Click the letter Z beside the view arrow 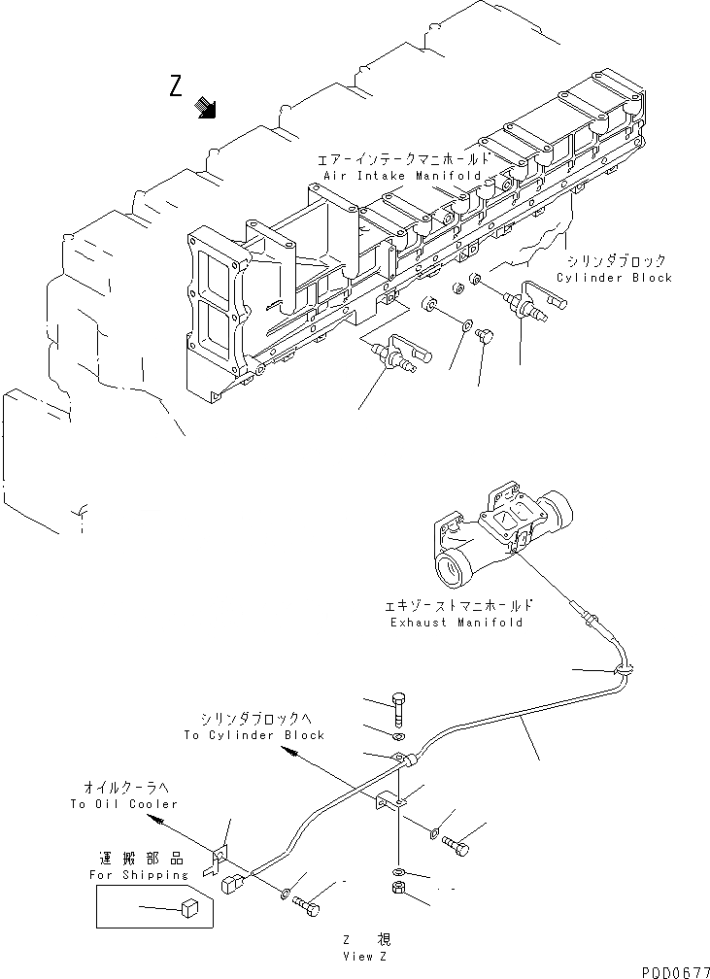pos(176,87)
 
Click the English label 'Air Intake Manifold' pos(399,176)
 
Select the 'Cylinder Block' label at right pos(614,278)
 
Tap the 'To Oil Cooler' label pos(124,804)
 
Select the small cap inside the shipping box pos(190,908)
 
